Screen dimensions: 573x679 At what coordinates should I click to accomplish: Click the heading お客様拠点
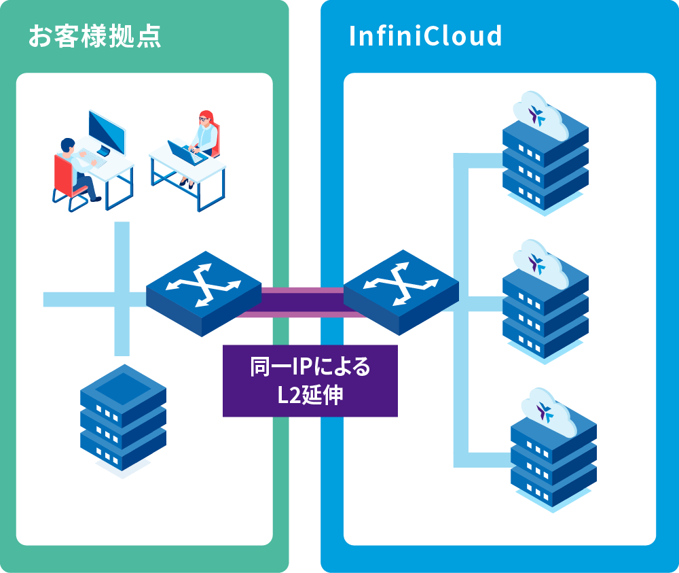94,36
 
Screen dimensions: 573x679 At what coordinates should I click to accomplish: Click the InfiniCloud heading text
425,36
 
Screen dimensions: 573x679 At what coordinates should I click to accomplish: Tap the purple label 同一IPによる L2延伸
310,381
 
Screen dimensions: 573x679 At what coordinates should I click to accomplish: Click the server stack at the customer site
123,421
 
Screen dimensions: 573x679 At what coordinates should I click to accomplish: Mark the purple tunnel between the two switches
302,302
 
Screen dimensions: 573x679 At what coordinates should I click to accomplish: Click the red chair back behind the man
62,173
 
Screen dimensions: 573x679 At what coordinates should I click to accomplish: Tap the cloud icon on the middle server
539,262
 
